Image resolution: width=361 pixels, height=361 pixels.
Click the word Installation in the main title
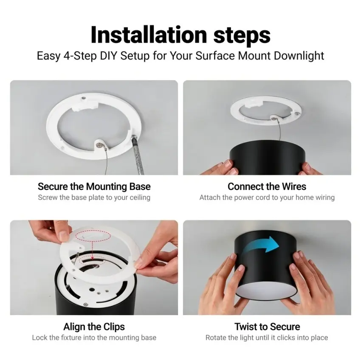pos(149,35)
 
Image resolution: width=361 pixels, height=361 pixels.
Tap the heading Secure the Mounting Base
pos(94,186)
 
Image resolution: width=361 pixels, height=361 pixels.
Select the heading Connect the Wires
pos(267,186)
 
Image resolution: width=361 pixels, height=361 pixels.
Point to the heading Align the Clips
pos(94,327)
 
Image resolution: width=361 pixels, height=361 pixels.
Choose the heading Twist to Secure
pos(267,327)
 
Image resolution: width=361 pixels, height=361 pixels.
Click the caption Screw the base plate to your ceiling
pos(94,197)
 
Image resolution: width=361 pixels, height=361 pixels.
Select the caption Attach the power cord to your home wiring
pos(267,197)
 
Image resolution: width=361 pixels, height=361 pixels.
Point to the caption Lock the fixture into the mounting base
pos(94,338)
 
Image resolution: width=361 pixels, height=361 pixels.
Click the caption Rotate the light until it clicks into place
pos(267,338)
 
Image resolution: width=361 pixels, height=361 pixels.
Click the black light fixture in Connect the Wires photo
pos(267,157)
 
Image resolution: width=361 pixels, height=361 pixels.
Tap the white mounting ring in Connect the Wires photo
pos(266,113)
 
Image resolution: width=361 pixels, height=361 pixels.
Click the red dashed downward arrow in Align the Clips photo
pos(92,251)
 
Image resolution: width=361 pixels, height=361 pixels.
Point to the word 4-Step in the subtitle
pos(80,56)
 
